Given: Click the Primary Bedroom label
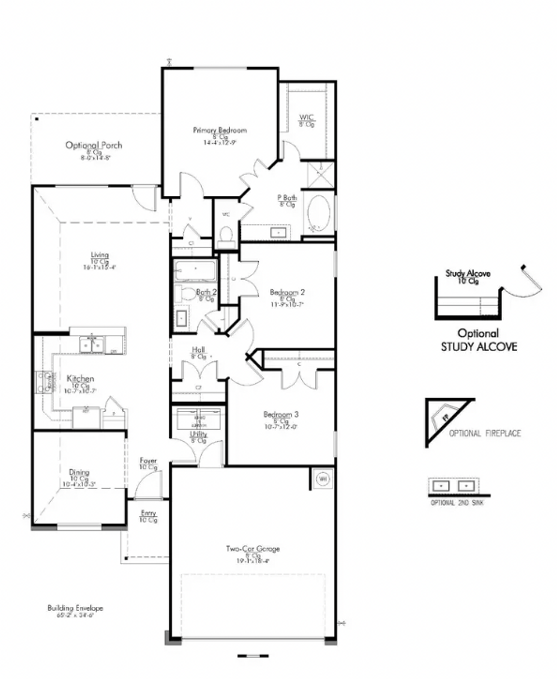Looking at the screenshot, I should [220, 130].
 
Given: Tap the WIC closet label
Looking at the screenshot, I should [306, 118].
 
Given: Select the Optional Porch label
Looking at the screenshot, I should [94, 145].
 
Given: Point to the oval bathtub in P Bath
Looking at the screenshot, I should [319, 213].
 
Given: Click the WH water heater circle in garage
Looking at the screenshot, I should [323, 479].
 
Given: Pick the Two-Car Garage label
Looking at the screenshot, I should [253, 548].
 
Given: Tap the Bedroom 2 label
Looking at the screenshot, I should [287, 292].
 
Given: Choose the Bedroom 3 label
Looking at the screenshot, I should [281, 414].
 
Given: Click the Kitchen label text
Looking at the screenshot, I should [81, 379].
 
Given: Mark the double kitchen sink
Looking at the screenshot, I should [92, 345].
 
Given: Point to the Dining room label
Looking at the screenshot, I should [79, 472].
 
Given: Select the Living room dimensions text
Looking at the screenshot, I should [100, 267].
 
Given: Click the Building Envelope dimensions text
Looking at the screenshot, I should [75, 615].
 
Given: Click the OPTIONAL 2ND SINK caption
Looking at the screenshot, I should [457, 503].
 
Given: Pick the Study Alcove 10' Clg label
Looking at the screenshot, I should [468, 277].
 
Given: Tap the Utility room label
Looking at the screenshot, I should [198, 434].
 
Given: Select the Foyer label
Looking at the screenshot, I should [148, 461].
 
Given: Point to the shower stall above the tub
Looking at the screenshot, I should [321, 175].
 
